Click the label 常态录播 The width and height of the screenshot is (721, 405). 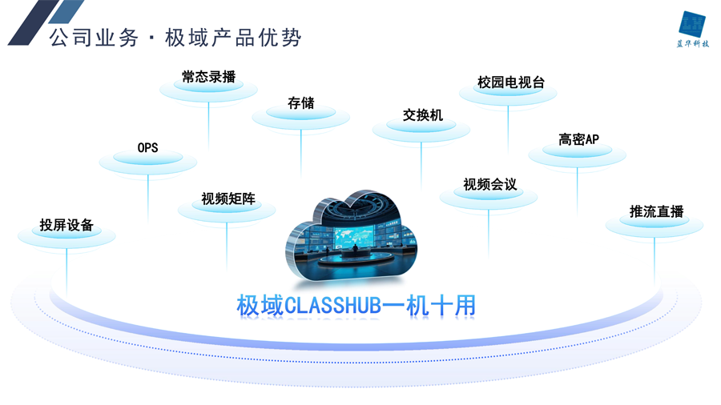pyautogui.click(x=209, y=77)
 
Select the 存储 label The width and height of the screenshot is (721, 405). pyautogui.click(x=301, y=103)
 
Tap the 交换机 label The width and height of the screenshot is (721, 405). pyautogui.click(x=422, y=114)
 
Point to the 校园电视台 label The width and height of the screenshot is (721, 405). pyautogui.click(x=511, y=82)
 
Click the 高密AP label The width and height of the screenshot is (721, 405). pyautogui.click(x=578, y=139)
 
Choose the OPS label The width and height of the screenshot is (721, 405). pyautogui.click(x=147, y=148)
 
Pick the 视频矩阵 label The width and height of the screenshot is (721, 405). pyautogui.click(x=228, y=198)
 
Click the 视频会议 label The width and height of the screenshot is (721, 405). pyautogui.click(x=489, y=184)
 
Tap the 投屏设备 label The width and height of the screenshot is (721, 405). pyautogui.click(x=66, y=225)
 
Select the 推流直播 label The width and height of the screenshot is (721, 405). pyautogui.click(x=656, y=211)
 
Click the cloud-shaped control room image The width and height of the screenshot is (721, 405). pyautogui.click(x=352, y=235)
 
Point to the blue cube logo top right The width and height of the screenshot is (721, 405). pyautogui.click(x=692, y=24)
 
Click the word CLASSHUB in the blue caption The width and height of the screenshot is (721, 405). pyautogui.click(x=333, y=306)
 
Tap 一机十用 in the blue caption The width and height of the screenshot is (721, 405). pyautogui.click(x=429, y=306)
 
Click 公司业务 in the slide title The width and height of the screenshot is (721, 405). pyautogui.click(x=94, y=38)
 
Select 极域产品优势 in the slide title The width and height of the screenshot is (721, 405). pyautogui.click(x=233, y=38)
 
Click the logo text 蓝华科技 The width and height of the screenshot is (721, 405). pyautogui.click(x=692, y=44)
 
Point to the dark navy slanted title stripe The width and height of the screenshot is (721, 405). pyautogui.click(x=34, y=22)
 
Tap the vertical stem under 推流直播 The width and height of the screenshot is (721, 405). pyautogui.click(x=655, y=260)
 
